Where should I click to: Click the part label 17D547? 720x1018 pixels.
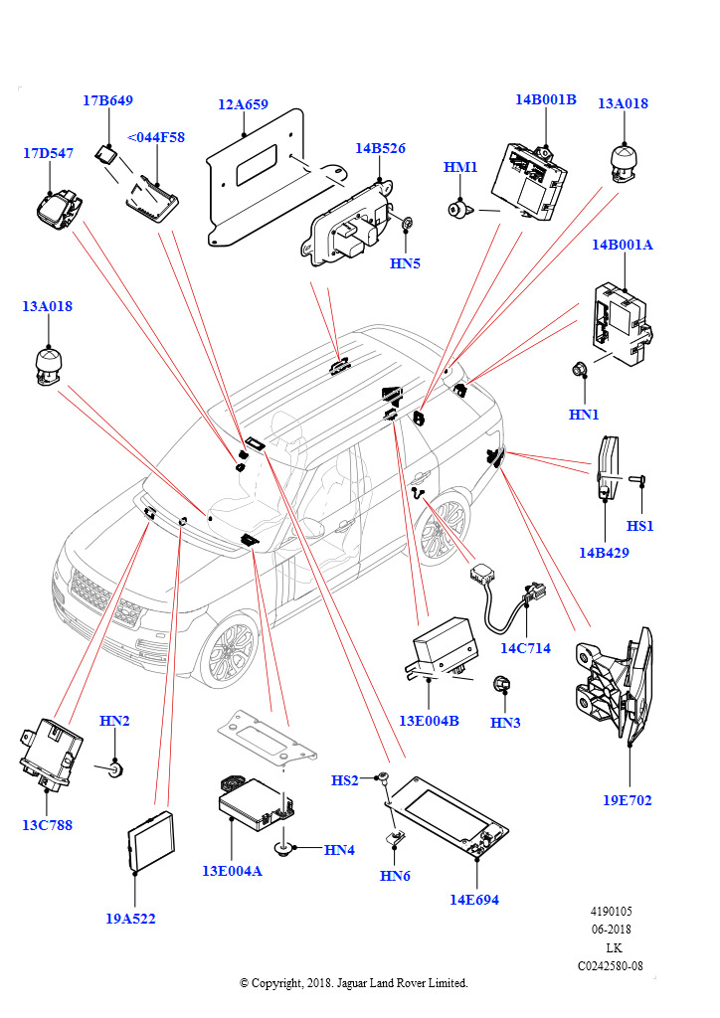coord(49,154)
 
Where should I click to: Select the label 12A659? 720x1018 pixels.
coord(244,103)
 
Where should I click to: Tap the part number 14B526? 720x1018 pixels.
coord(380,149)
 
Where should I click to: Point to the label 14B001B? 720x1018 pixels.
coord(545,99)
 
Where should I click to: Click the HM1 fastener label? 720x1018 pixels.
coord(460,168)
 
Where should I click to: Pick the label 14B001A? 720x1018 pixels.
coord(623,245)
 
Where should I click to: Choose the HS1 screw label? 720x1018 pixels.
coord(640,525)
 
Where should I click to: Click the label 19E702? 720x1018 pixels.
coord(628,800)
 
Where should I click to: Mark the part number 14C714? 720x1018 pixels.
coord(525,648)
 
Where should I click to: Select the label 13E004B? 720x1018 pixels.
coord(429,721)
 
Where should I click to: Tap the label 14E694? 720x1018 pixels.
coord(474,900)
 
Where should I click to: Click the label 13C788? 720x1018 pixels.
coord(48,825)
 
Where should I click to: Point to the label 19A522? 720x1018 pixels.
coord(131,919)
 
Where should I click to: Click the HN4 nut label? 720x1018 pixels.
coord(339,850)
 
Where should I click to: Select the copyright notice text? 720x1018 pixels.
coord(354,983)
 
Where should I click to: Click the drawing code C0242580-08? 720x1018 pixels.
coord(610,965)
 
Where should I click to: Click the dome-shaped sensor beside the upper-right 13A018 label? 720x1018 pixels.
coord(624,160)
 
